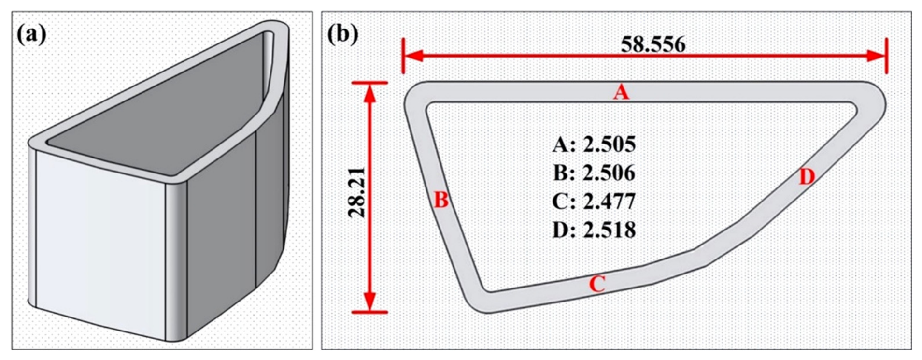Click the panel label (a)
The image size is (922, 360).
(31, 35)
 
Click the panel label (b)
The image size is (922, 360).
(342, 34)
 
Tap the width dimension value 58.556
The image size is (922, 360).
(652, 44)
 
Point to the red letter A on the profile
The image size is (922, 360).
(621, 92)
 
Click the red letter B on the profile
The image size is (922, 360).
(441, 200)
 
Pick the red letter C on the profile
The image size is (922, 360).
(597, 284)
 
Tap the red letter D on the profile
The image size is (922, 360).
(807, 177)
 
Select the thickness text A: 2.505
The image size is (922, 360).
(594, 144)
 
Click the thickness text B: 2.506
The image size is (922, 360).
(594, 173)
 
